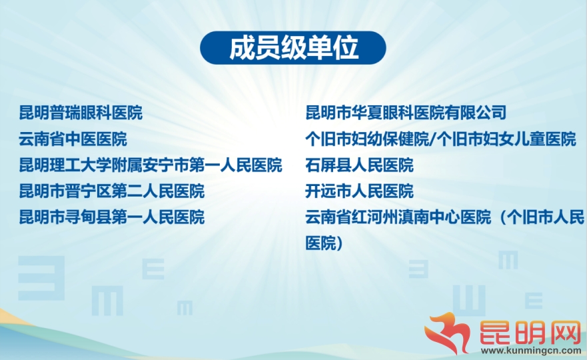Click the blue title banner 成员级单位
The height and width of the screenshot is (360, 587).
[293, 48]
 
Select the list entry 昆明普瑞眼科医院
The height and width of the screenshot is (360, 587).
[81, 113]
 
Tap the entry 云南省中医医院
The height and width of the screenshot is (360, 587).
[73, 139]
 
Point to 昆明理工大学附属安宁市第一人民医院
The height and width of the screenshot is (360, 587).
[151, 165]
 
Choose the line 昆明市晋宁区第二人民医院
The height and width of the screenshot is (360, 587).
[111, 191]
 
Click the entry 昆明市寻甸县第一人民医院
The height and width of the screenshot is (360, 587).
[111, 217]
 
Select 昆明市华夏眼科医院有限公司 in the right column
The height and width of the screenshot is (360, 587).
[406, 113]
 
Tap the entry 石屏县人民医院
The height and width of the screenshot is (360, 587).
[359, 165]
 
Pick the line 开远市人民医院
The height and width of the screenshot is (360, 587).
[359, 191]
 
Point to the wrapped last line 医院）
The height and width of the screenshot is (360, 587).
[324, 243]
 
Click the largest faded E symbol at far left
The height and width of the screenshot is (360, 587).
[41, 278]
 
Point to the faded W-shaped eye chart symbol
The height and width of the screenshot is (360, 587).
[469, 301]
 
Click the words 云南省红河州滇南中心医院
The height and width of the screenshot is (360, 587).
[398, 217]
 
